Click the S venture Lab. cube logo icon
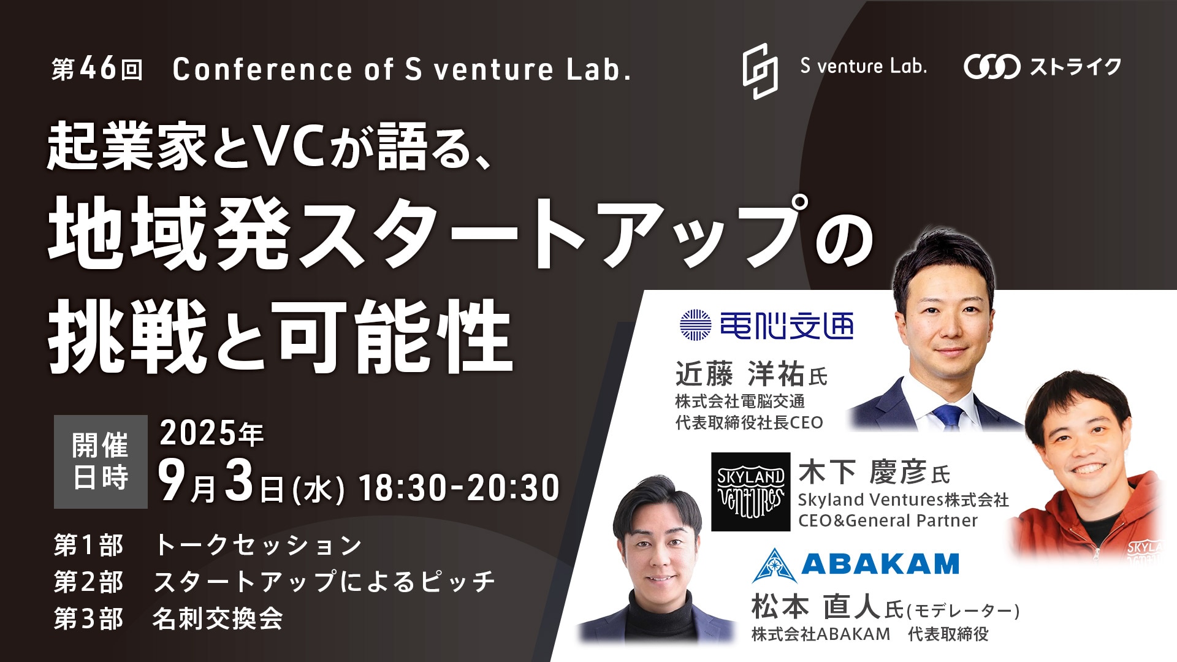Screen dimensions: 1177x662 point(760,71)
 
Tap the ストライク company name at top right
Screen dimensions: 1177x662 point(1075,67)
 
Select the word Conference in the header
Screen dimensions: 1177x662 point(262,69)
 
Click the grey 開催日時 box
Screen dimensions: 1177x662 point(101,462)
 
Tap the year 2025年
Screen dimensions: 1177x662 point(211,433)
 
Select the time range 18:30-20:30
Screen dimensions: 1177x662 point(459,488)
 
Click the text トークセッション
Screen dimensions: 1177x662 point(258,545)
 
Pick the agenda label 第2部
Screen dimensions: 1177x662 point(88,582)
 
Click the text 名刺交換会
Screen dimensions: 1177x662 point(218,618)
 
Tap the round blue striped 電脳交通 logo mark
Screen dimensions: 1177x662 point(695,325)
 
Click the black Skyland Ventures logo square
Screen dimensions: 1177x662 point(751,492)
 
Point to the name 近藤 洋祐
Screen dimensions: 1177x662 point(740,373)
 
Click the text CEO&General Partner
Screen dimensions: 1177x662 point(888,521)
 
